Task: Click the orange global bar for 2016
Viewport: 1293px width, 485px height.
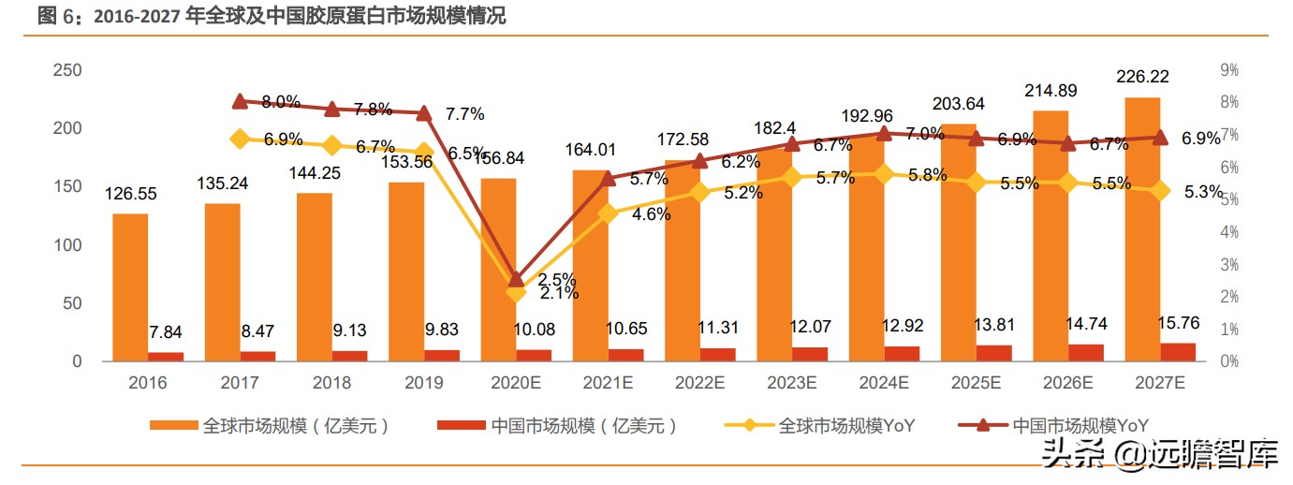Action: pos(130,287)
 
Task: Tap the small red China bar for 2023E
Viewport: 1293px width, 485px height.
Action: pos(810,354)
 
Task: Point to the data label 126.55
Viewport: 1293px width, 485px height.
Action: pos(130,195)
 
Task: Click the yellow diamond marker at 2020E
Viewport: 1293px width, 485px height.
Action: pos(516,292)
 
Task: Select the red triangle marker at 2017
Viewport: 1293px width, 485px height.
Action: pos(240,101)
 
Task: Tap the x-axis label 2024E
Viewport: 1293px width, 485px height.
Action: pos(884,382)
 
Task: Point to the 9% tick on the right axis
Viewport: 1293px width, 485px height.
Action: pos(1228,70)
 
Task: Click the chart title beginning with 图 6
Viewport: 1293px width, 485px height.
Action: pos(272,16)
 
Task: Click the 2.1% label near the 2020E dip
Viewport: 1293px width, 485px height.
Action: pos(559,293)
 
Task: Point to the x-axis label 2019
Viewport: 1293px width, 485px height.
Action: pos(424,382)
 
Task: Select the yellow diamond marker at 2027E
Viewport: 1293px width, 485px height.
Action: pos(1159,191)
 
